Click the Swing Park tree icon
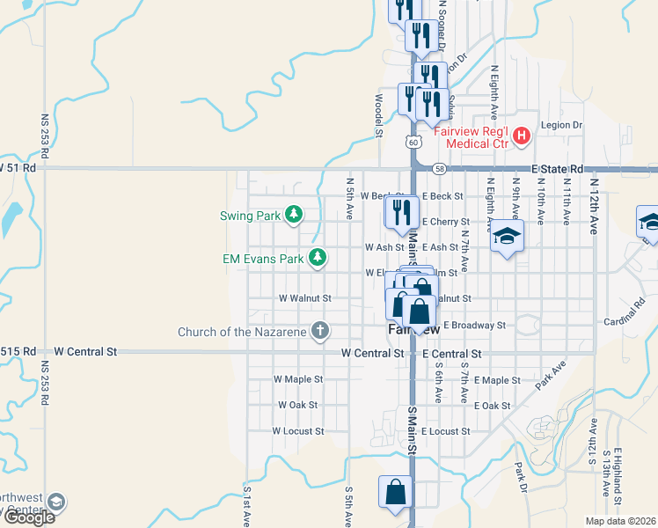click(x=295, y=215)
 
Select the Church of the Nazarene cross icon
click(x=321, y=332)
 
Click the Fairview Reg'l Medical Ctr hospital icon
click(x=522, y=136)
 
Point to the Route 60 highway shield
click(x=413, y=142)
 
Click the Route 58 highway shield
click(x=440, y=168)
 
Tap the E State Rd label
click(x=558, y=168)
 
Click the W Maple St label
click(x=298, y=379)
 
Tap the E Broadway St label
click(x=474, y=325)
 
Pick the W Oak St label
click(x=296, y=405)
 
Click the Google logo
click(x=30, y=517)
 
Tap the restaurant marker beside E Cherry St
click(x=400, y=214)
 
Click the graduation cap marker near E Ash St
click(x=507, y=238)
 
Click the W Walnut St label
click(x=304, y=298)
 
